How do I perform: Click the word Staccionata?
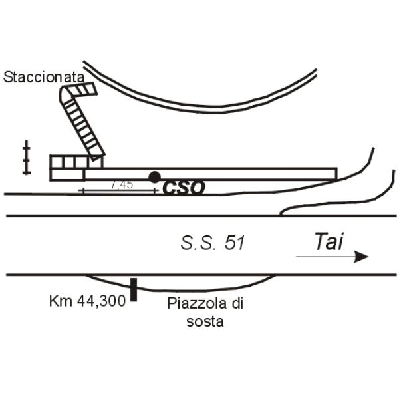pyautogui.click(x=44, y=77)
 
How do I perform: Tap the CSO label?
pyautogui.click(x=184, y=188)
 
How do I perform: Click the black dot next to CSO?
pyautogui.click(x=155, y=177)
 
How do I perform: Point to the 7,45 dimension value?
pyautogui.click(x=122, y=184)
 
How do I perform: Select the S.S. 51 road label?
pyautogui.click(x=213, y=243)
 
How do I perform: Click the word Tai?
pyautogui.click(x=329, y=241)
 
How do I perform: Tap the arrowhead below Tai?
pyautogui.click(x=361, y=257)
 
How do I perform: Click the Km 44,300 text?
pyautogui.click(x=87, y=301)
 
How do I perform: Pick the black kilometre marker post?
pyautogui.click(x=134, y=289)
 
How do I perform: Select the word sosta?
pyautogui.click(x=205, y=321)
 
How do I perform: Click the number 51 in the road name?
pyautogui.click(x=235, y=243)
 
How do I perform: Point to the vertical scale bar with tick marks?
pyautogui.click(x=27, y=157)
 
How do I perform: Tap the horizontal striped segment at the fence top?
pyautogui.click(x=82, y=89)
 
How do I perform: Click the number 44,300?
pyautogui.click(x=101, y=301)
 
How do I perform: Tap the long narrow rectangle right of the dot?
pyautogui.click(x=211, y=174)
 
